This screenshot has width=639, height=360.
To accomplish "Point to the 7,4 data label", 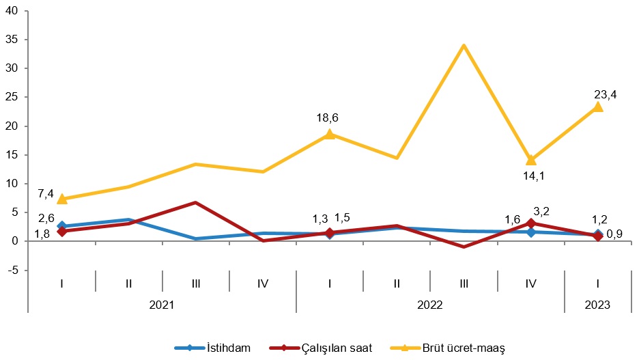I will (46, 194).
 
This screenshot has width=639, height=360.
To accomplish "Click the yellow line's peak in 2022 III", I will (464, 46).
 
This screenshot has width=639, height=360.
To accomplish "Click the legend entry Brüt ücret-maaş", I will (464, 348).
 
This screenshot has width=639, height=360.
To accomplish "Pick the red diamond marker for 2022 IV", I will (530, 223).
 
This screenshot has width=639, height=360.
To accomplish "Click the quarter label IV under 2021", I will (263, 281).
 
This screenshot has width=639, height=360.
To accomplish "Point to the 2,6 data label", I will (46, 218).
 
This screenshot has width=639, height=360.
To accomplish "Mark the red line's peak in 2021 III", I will (195, 203).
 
